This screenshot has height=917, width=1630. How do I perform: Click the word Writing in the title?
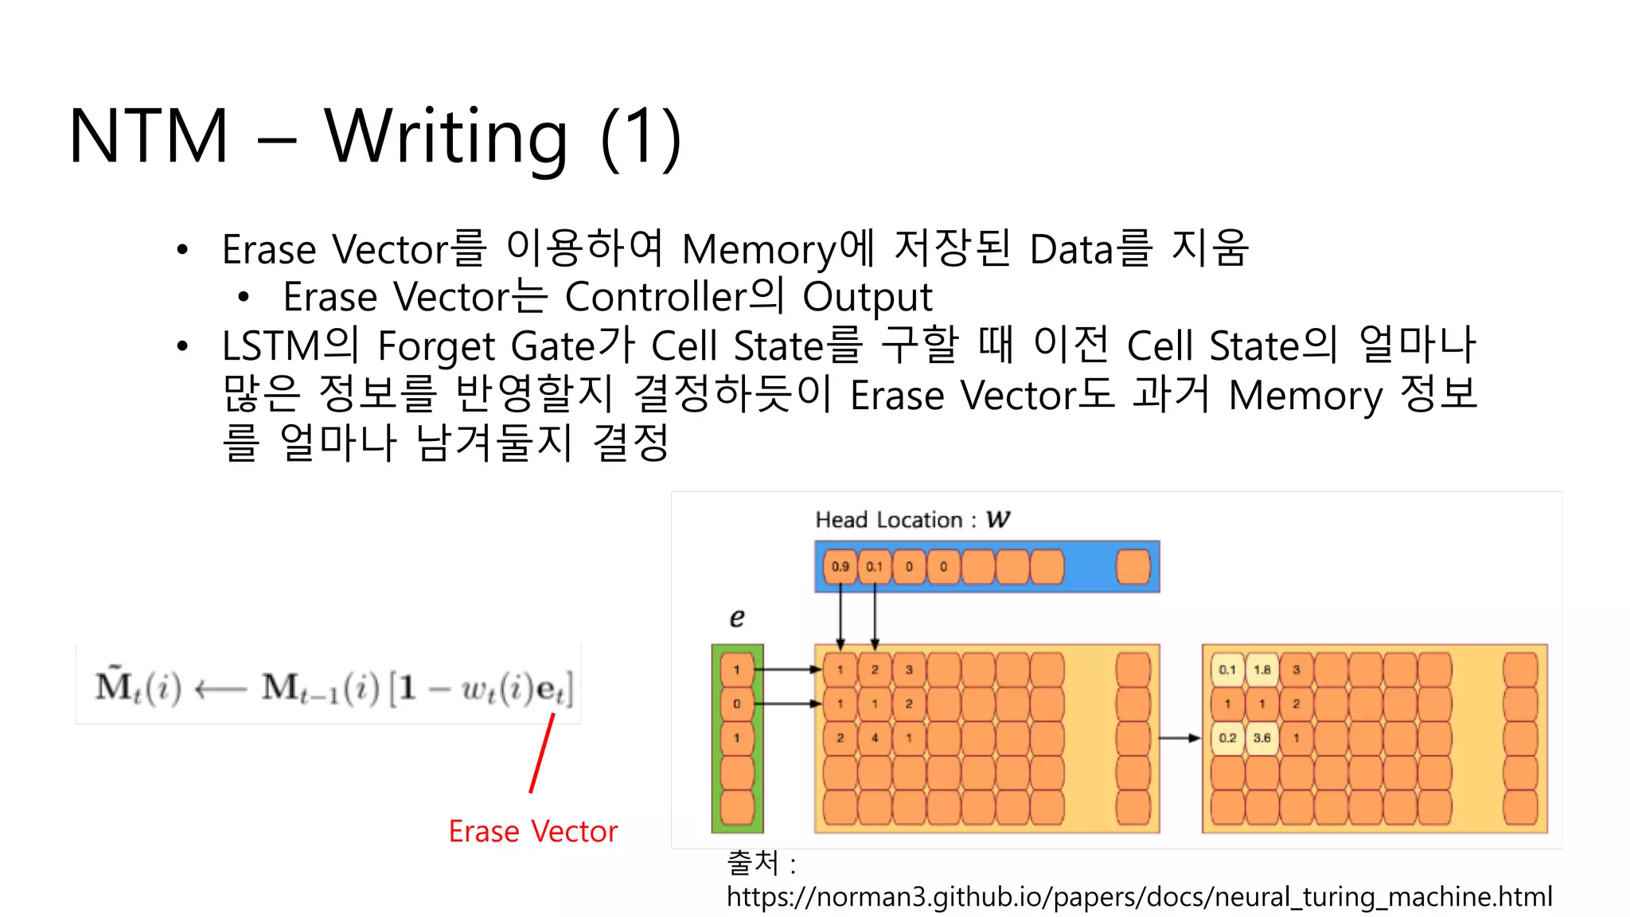click(446, 137)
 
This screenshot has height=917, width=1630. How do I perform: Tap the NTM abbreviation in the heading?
click(150, 137)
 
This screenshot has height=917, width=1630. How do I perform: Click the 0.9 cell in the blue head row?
click(840, 567)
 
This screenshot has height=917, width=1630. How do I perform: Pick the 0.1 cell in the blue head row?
click(875, 567)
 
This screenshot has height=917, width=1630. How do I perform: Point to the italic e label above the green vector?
click(737, 617)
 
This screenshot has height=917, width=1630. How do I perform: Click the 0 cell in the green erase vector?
click(737, 704)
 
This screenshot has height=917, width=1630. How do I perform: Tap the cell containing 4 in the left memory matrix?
click(875, 738)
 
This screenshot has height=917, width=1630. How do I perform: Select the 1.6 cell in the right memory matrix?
click(1262, 669)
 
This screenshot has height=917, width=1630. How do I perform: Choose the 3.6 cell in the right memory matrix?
click(1262, 738)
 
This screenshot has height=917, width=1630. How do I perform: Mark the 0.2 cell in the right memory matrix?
click(1227, 738)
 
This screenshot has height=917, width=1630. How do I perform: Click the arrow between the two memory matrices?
click(1180, 738)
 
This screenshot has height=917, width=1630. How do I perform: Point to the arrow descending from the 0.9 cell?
click(840, 617)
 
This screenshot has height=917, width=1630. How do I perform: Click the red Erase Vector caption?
click(532, 831)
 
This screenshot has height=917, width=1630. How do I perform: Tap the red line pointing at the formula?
click(542, 753)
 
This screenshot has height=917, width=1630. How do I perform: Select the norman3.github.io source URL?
click(1139, 897)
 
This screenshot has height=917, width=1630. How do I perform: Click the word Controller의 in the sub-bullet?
click(673, 297)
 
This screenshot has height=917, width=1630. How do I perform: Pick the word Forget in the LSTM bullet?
click(437, 346)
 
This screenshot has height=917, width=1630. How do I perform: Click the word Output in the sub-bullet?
click(867, 297)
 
